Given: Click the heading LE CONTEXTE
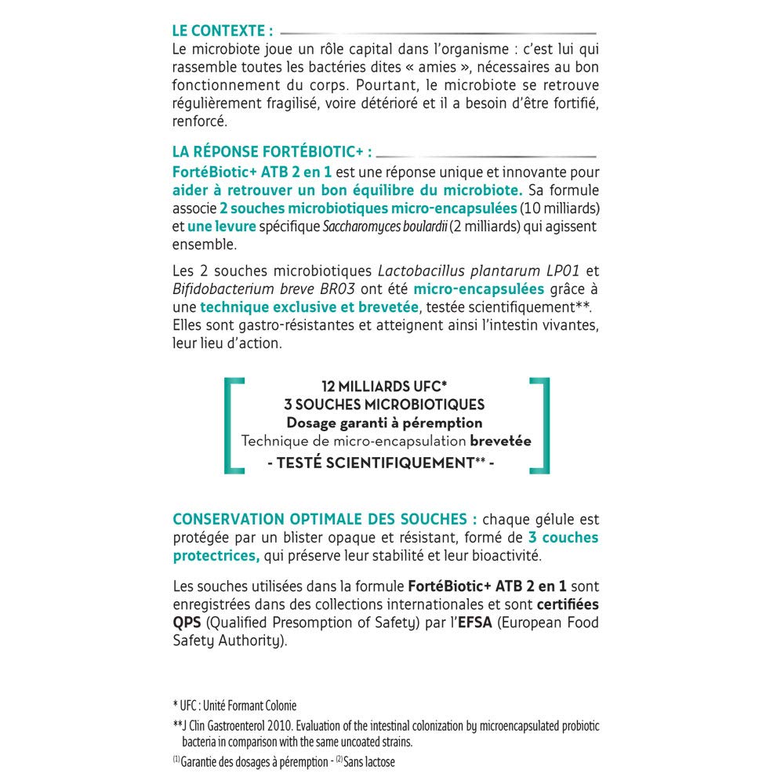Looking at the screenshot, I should pyautogui.click(x=223, y=31).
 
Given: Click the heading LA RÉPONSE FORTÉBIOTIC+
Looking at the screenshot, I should pyautogui.click(x=271, y=151).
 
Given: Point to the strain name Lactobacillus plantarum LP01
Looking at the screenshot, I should pyautogui.click(x=478, y=271).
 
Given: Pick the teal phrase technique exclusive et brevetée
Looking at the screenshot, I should pyautogui.click(x=310, y=307).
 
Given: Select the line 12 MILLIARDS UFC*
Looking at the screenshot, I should pyautogui.click(x=383, y=387).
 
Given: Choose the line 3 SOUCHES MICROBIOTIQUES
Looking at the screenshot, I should pyautogui.click(x=383, y=405).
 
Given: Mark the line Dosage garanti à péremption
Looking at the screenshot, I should pyautogui.click(x=383, y=423).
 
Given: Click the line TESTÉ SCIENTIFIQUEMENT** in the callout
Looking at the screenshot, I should pyautogui.click(x=383, y=463).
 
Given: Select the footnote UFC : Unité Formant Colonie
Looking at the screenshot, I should pyautogui.click(x=238, y=706).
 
